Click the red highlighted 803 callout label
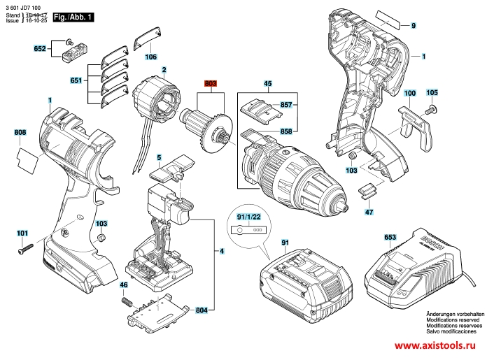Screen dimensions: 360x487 click(x=211, y=84)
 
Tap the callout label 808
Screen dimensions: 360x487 click(x=20, y=133)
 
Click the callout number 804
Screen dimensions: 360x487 click(x=203, y=310)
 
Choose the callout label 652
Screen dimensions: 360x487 click(x=40, y=49)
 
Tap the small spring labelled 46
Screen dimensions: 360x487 click(x=128, y=301)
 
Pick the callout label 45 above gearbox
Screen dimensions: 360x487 click(x=267, y=84)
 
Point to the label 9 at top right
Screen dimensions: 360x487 click(x=413, y=26)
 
